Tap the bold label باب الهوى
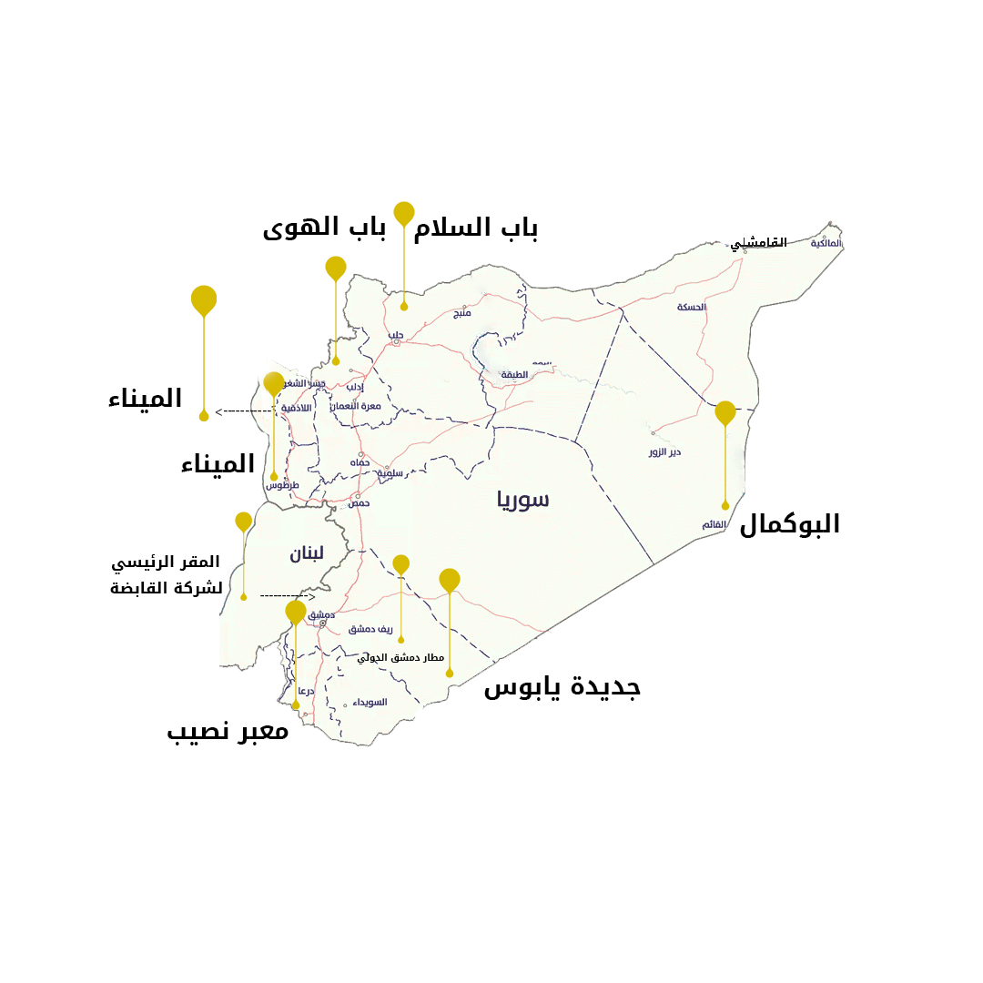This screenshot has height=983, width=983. click(x=324, y=228)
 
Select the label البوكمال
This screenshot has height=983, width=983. click(x=789, y=524)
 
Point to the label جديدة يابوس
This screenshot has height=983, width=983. click(x=562, y=686)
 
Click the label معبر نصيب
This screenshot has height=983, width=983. click(x=228, y=731)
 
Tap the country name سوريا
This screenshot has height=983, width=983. click(x=523, y=499)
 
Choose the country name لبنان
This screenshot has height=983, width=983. click(x=307, y=553)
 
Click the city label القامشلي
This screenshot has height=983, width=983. click(x=758, y=243)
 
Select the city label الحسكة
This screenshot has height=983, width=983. click(x=691, y=308)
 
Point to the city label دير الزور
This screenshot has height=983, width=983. click(x=664, y=452)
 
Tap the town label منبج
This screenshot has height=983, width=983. click(x=462, y=313)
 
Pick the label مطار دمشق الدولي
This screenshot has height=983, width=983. click(x=400, y=657)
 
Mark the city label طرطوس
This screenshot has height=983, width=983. click(x=282, y=485)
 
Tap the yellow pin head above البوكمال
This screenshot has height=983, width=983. click(x=725, y=412)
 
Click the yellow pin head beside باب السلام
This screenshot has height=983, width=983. click(x=404, y=213)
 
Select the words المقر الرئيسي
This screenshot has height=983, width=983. click(x=166, y=562)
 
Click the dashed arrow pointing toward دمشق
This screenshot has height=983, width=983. click(x=287, y=596)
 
